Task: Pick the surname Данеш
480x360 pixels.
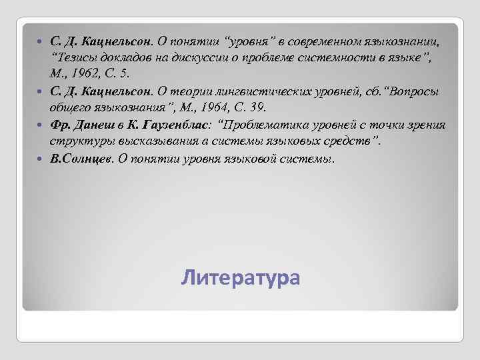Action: click(95, 125)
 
